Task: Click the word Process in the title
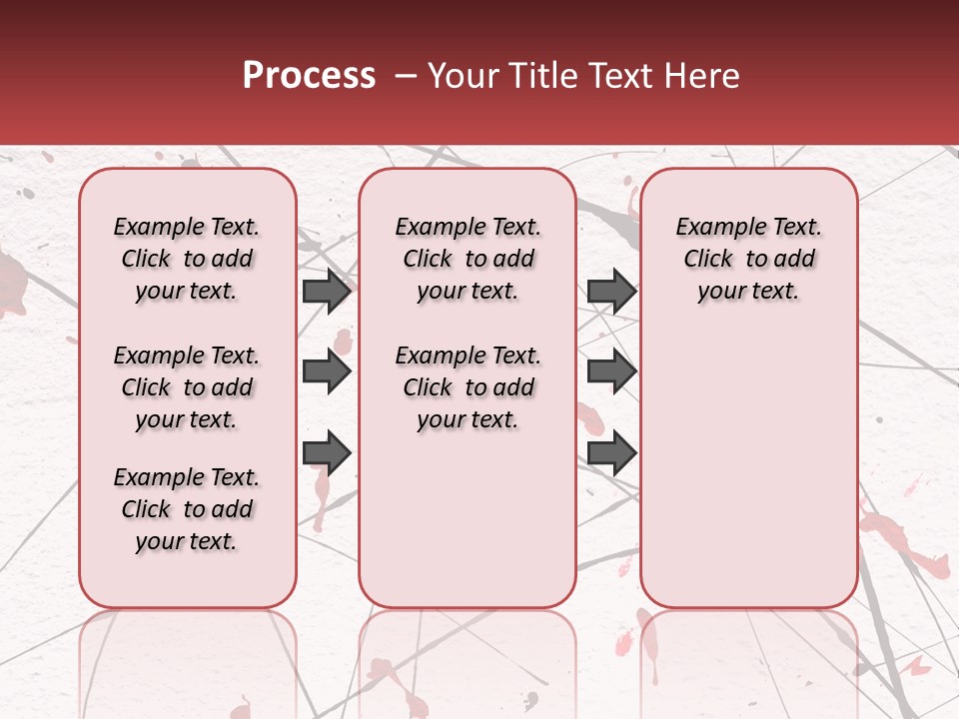309,76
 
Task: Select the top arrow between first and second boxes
327,292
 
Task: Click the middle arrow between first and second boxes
327,372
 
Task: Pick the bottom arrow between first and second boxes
327,452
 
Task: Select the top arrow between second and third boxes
611,292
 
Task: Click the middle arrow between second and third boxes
611,372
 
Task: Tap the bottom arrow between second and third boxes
611,452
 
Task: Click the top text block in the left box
187,259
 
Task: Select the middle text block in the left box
187,387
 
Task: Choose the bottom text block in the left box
187,509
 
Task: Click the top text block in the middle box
468,259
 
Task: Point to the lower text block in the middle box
468,387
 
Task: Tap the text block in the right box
748,259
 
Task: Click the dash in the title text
406,77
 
